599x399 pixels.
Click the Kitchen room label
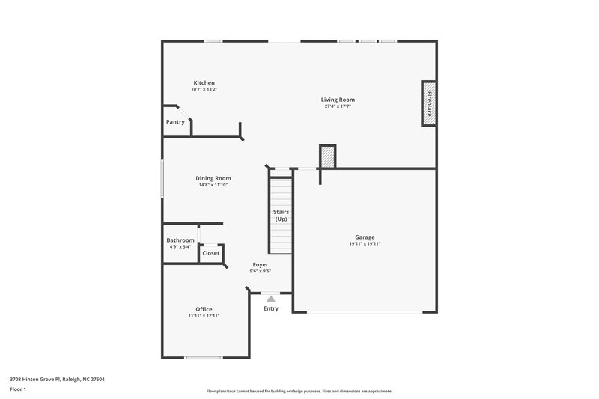click(204, 82)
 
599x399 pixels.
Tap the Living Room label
click(338, 100)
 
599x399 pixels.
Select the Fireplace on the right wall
click(429, 103)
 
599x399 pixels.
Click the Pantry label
click(175, 121)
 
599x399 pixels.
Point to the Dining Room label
click(213, 178)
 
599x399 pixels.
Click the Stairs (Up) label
click(281, 216)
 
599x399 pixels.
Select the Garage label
click(365, 237)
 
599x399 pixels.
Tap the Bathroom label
click(180, 240)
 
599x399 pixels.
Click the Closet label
click(211, 253)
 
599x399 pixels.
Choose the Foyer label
click(261, 264)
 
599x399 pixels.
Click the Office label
click(204, 309)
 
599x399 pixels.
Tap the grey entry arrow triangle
click(271, 298)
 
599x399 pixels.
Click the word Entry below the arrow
click(271, 308)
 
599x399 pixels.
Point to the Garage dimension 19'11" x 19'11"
click(365, 244)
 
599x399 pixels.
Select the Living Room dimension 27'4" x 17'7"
click(338, 106)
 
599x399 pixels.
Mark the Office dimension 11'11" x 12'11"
click(204, 316)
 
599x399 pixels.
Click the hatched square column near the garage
click(327, 156)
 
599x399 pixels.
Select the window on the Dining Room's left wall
click(162, 178)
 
